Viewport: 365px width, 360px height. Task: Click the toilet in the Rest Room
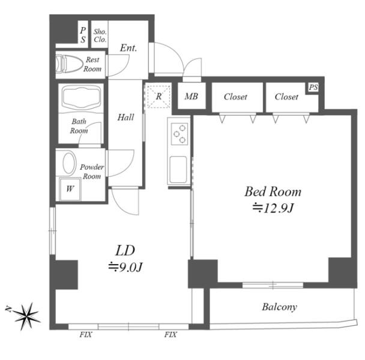70,64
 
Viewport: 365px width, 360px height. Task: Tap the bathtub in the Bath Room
81,98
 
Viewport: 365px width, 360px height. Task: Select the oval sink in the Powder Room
69,163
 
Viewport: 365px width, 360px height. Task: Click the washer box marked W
70,189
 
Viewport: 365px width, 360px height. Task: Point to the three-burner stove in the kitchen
179,134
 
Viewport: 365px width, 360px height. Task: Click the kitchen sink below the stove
178,169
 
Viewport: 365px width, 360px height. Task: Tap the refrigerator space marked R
158,97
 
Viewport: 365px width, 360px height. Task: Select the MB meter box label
192,97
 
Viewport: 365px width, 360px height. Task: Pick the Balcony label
279,307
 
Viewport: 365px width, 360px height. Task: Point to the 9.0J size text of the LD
125,267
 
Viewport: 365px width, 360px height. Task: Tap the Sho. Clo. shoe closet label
100,35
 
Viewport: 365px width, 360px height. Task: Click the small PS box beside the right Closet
313,88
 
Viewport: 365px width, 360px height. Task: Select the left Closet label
235,97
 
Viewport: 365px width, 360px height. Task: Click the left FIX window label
86,335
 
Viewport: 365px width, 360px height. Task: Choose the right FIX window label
170,335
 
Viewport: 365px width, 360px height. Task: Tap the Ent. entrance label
128,48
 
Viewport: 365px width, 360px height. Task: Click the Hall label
125,117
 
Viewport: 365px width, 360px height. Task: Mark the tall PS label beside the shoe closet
83,35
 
